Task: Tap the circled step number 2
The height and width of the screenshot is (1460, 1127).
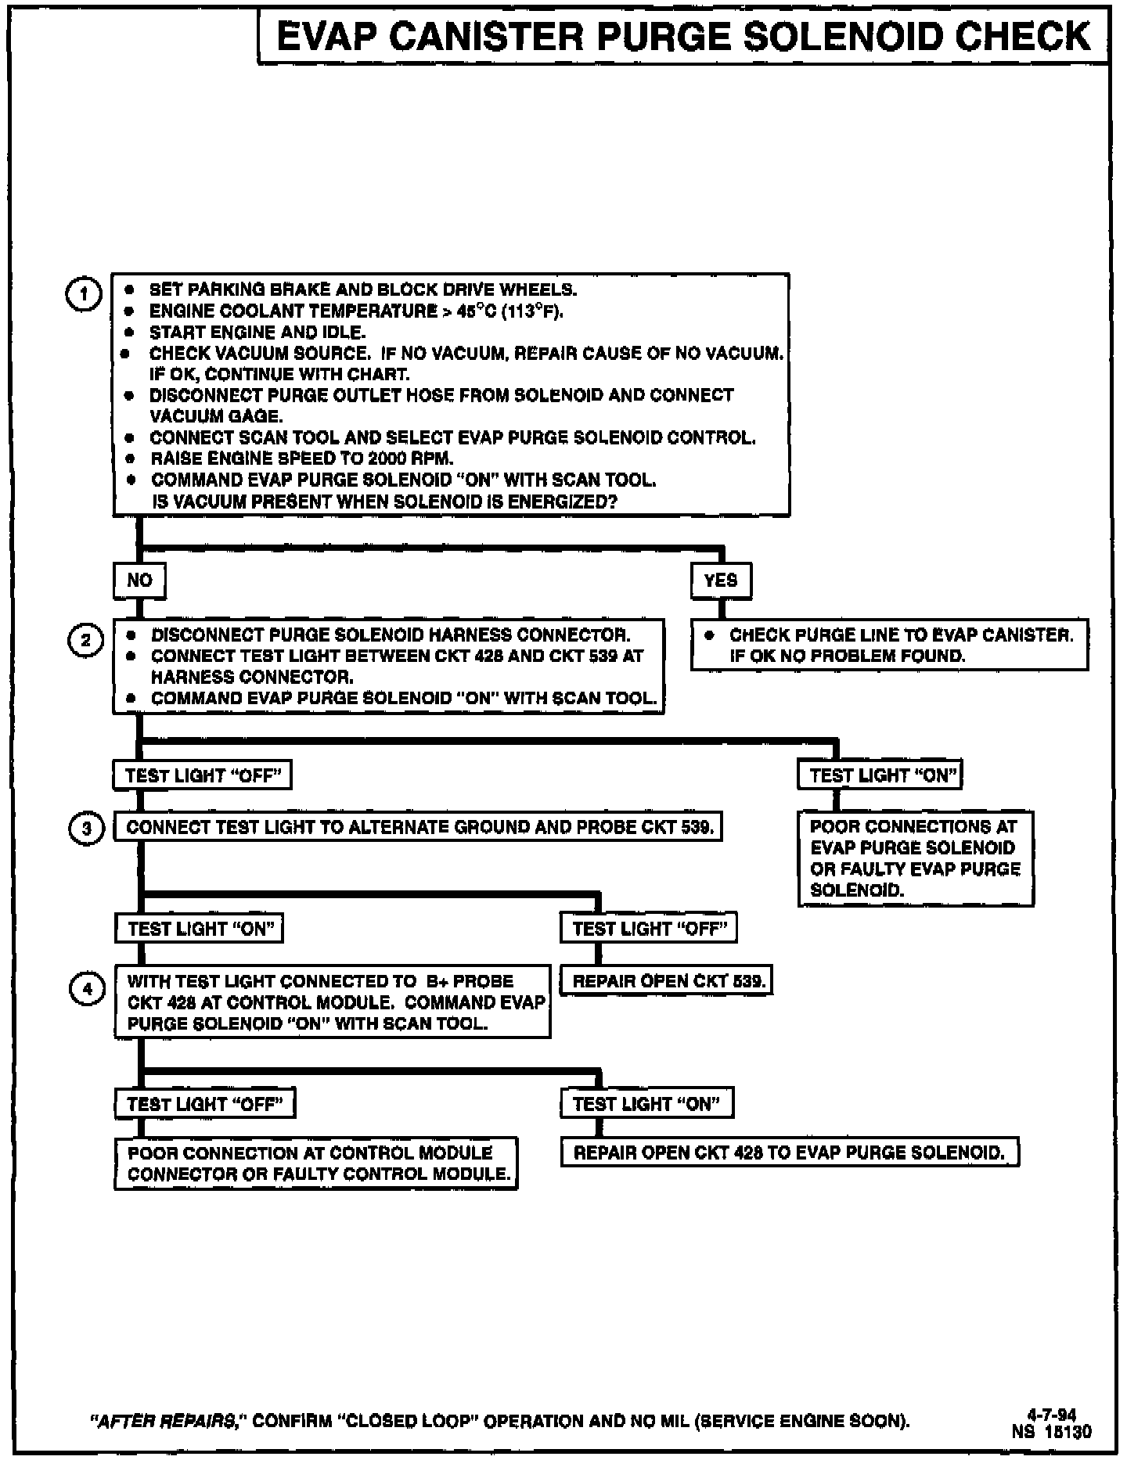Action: (85, 640)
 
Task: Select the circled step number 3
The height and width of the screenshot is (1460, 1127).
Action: (86, 829)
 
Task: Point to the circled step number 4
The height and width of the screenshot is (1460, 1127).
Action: (87, 990)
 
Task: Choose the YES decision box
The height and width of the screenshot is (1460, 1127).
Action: (720, 581)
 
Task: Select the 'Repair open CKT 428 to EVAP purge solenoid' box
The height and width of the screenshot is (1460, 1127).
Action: (789, 1153)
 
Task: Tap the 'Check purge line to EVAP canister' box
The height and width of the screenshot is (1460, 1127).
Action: (889, 645)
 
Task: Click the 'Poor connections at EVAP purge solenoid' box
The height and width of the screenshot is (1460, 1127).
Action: (915, 858)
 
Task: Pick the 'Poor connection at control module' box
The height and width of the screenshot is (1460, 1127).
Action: (316, 1163)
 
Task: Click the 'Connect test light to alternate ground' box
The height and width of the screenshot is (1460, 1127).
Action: (418, 828)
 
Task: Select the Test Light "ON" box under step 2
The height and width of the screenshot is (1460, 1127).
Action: (880, 775)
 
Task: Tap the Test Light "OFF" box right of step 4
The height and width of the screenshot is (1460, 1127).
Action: (649, 929)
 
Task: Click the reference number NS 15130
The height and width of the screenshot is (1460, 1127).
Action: (1052, 1431)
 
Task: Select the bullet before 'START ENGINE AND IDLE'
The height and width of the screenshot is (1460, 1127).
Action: (131, 333)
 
